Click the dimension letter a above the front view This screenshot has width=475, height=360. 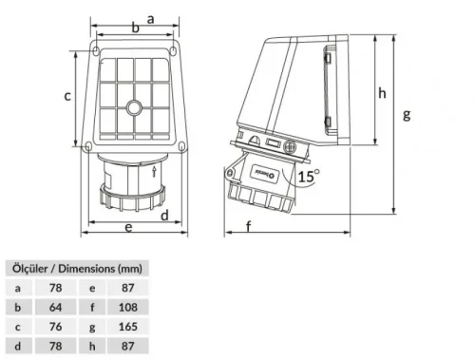coord(151,17)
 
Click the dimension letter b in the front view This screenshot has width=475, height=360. coord(135,28)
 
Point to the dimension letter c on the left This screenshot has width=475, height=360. coord(67,96)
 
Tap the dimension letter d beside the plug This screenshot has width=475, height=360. coord(164,216)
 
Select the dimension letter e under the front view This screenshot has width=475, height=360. coord(128,227)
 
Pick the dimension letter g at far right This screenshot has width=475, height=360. coord(406,115)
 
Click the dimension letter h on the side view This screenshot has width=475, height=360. coord(381,93)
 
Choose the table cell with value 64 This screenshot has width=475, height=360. coord(55,307)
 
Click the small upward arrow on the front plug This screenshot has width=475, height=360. coord(155,169)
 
